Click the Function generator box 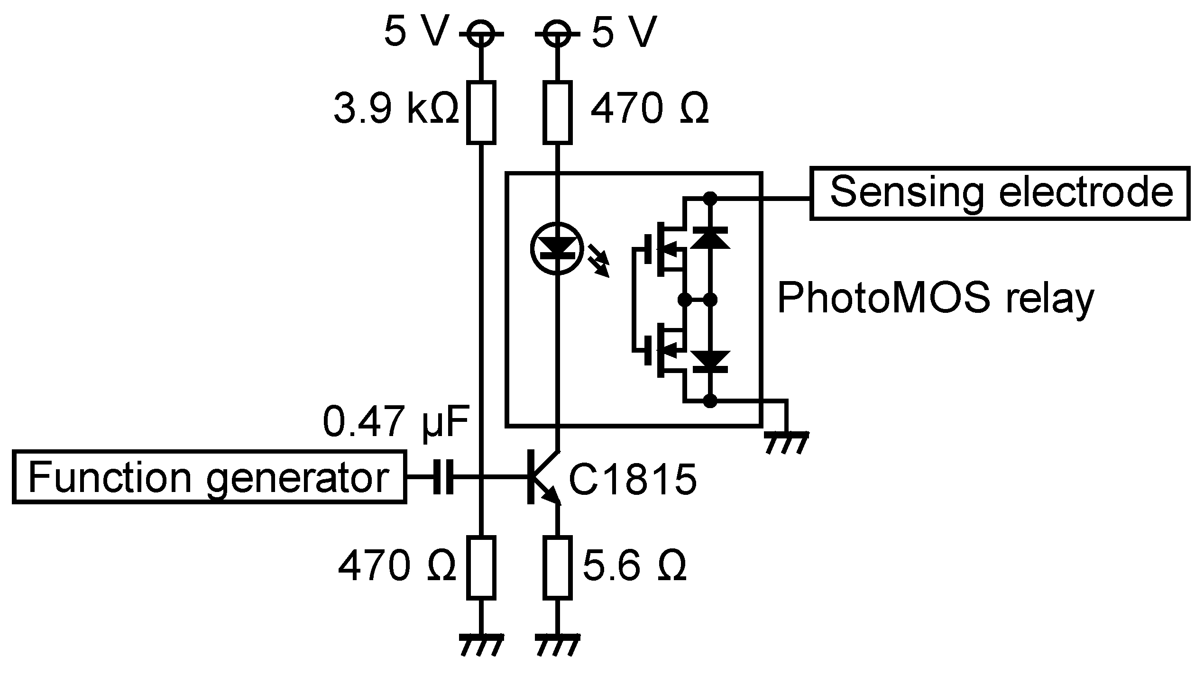[209, 477]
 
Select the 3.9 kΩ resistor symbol [481, 112]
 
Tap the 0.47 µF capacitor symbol [443, 477]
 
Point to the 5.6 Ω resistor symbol [557, 567]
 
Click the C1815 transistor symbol [543, 477]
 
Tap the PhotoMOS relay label [935, 299]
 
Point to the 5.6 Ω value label [634, 566]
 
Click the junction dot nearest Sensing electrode [709, 199]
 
